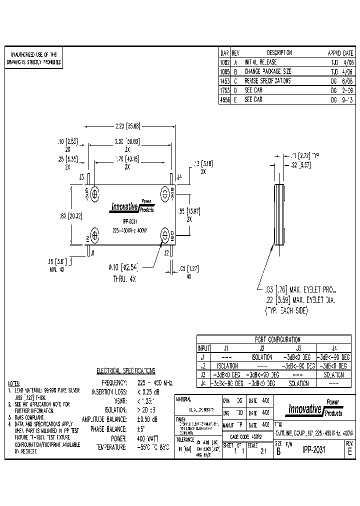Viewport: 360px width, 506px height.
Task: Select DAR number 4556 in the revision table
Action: (x=224, y=99)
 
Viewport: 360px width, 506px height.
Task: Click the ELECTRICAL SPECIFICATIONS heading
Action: (x=125, y=371)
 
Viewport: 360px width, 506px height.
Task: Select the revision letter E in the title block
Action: (x=349, y=450)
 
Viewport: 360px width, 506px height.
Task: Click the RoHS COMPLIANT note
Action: (x=26, y=416)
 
